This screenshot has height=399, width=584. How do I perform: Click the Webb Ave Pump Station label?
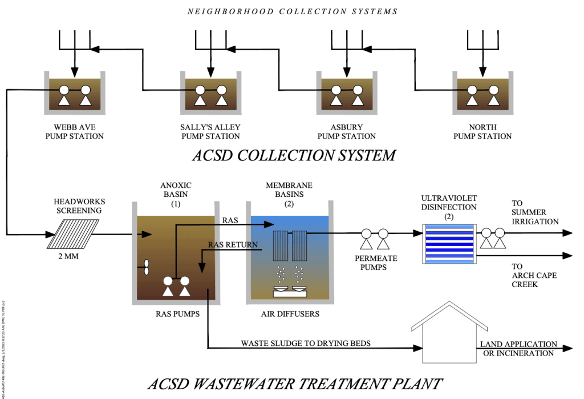click(x=75, y=132)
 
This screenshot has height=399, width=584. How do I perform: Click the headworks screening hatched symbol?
click(x=72, y=234)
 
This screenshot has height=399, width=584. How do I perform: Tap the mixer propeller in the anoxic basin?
click(x=145, y=267)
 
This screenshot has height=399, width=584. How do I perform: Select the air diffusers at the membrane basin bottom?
click(x=290, y=291)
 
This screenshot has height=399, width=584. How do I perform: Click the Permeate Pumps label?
click(x=376, y=263)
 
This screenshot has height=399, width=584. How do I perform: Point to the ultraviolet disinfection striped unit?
click(x=448, y=244)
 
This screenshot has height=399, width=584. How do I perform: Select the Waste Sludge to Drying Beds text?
click(x=306, y=344)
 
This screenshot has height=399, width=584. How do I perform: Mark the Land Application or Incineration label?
click(x=518, y=349)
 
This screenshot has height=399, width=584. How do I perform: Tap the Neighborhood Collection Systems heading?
click(x=292, y=11)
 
